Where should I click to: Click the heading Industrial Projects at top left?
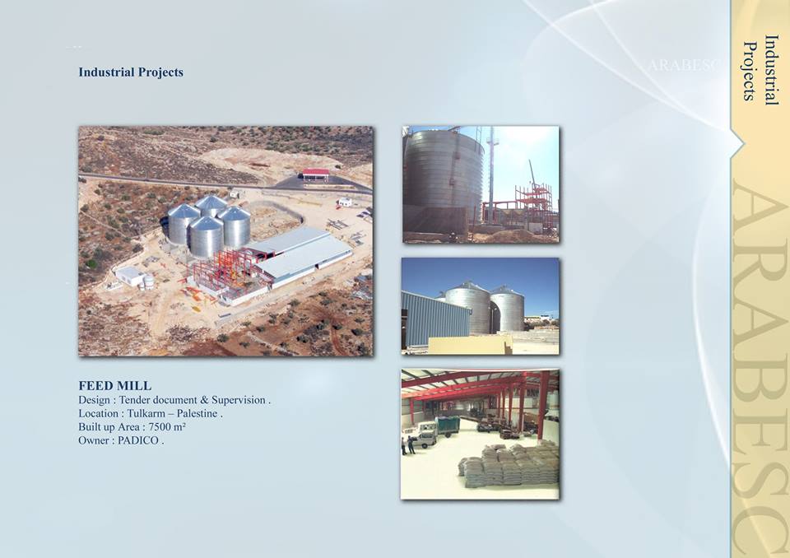point(131,72)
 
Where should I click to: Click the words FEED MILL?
point(115,386)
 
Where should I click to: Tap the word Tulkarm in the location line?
point(147,413)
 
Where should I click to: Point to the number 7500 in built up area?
point(160,427)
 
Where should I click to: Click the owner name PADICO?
point(138,440)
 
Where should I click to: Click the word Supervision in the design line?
point(239,400)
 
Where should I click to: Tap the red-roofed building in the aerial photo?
point(316,174)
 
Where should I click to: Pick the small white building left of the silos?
point(129,276)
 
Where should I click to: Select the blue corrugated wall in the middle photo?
point(436,319)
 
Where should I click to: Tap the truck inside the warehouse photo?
point(425,434)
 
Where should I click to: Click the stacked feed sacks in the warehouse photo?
point(509,465)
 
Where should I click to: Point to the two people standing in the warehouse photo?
point(407,444)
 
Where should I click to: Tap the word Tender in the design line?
point(134,400)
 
